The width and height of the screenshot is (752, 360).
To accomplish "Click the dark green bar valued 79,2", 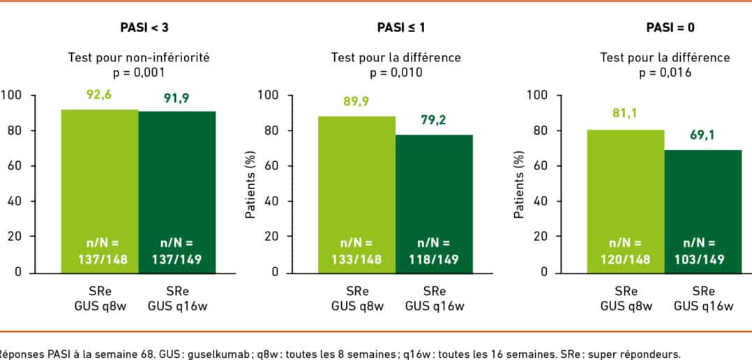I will click(434, 202).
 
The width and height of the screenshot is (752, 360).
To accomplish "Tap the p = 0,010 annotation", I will click(396, 72).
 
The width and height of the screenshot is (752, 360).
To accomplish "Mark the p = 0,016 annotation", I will click(665, 72).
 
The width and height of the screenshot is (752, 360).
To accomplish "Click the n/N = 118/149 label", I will click(434, 251).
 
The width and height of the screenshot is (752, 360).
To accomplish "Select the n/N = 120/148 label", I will click(625, 251).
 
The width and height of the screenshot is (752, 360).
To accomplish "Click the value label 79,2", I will click(434, 119).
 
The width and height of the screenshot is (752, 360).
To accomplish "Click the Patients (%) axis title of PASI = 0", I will click(518, 184).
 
